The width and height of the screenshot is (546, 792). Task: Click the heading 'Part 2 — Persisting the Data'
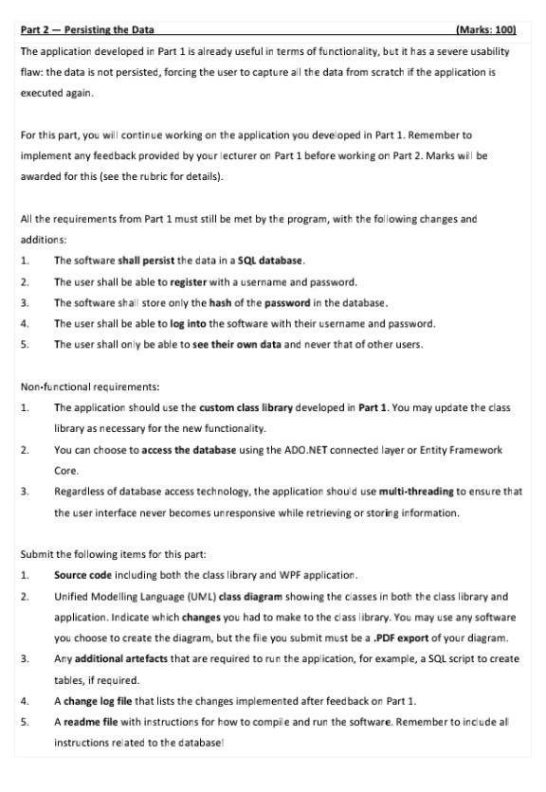click(x=87, y=29)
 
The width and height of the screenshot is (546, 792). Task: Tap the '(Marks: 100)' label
click(x=486, y=29)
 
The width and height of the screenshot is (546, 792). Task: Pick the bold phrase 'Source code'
click(x=82, y=575)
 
